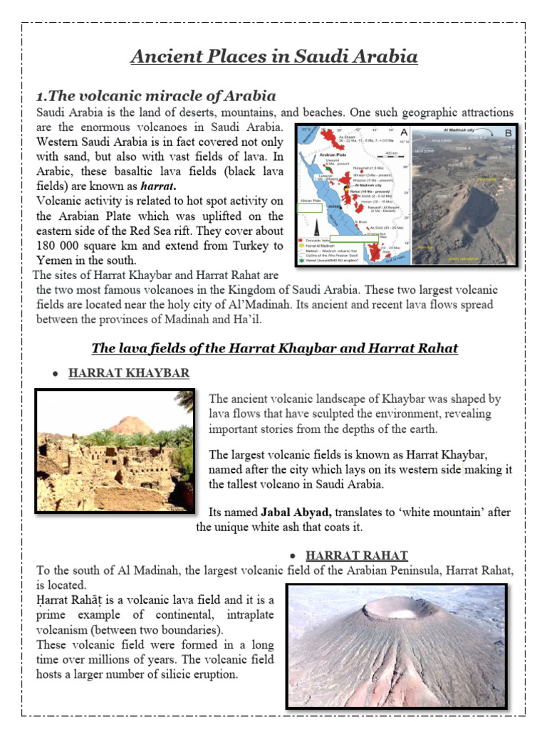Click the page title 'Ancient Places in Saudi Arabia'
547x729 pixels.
pos(273,56)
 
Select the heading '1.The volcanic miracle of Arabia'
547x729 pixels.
pos(156,95)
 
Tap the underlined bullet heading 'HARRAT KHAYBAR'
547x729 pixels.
pos(129,373)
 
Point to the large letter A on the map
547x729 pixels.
pos(404,132)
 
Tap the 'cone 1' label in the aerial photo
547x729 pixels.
pos(442,196)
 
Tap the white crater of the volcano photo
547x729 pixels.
pos(394,610)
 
